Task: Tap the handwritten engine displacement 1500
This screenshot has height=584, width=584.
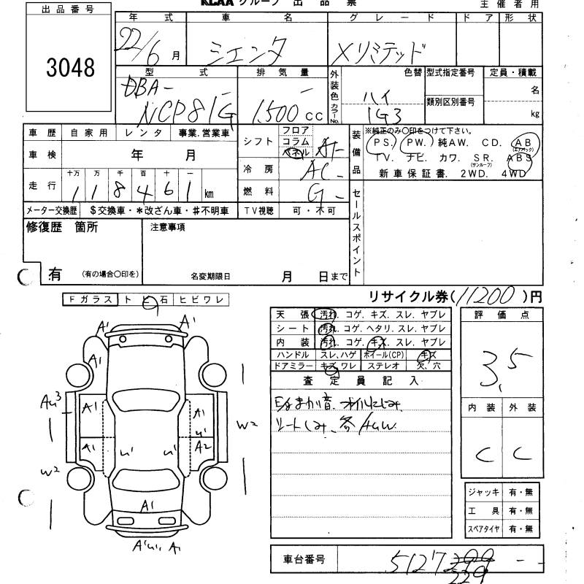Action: [278, 112]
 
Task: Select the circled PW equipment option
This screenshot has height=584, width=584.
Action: [416, 143]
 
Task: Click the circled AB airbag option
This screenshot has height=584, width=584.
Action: [523, 142]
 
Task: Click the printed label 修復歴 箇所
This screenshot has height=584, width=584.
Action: [61, 227]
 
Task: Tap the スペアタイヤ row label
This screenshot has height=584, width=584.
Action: [485, 529]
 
